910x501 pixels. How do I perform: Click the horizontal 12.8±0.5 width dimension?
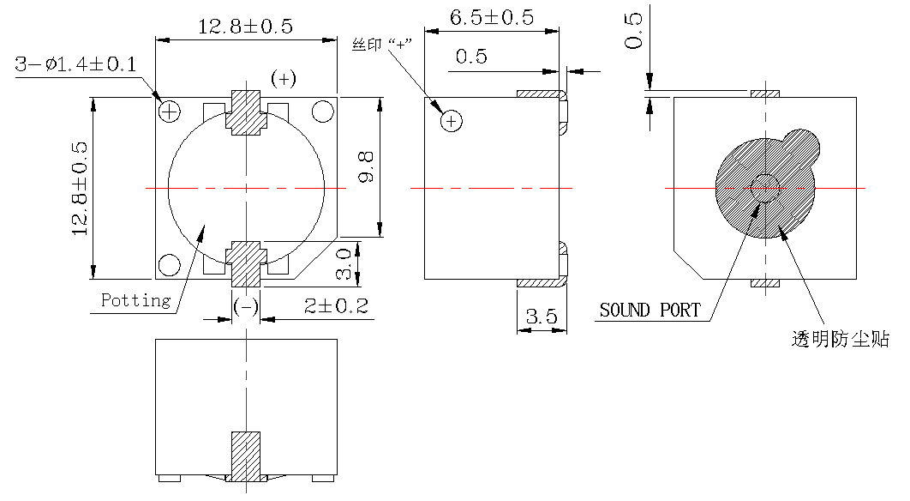(245, 27)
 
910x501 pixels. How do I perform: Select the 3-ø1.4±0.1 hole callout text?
(75, 64)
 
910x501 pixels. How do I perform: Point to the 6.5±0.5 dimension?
(491, 17)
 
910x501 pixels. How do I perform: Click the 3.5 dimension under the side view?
(541, 317)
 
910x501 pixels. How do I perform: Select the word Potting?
(135, 300)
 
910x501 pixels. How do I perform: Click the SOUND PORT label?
(650, 310)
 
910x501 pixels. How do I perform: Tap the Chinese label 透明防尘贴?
(839, 340)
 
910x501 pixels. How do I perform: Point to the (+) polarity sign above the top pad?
(284, 78)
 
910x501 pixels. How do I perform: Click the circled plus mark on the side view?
(451, 122)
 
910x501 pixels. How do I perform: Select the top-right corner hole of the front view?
(322, 111)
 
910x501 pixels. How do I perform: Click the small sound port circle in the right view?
(762, 188)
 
